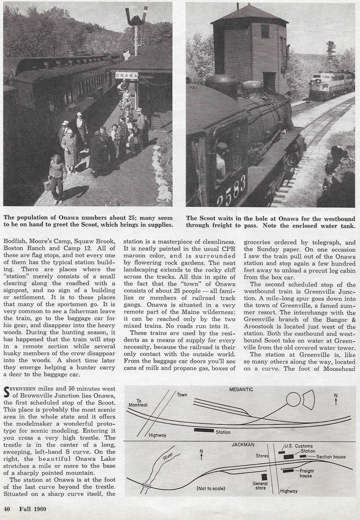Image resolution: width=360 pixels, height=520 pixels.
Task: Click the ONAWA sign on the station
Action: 126,76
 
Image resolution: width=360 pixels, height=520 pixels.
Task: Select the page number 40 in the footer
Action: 7,509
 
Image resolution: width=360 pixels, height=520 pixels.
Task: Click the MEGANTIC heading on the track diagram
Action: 241,389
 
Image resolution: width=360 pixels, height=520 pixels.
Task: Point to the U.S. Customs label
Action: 298,446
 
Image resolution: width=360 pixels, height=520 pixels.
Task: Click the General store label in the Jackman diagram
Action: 261,485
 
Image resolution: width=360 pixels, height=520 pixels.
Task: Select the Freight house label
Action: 306,473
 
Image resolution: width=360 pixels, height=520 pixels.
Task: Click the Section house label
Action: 331,457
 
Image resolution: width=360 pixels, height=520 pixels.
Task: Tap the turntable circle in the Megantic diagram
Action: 293,400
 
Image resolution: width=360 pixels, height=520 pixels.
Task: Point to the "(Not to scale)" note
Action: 211,488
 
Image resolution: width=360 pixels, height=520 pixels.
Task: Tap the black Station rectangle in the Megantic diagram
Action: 204,430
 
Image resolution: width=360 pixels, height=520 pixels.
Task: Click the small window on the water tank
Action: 265,31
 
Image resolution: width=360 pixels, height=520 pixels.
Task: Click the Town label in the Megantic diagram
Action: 182,394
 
